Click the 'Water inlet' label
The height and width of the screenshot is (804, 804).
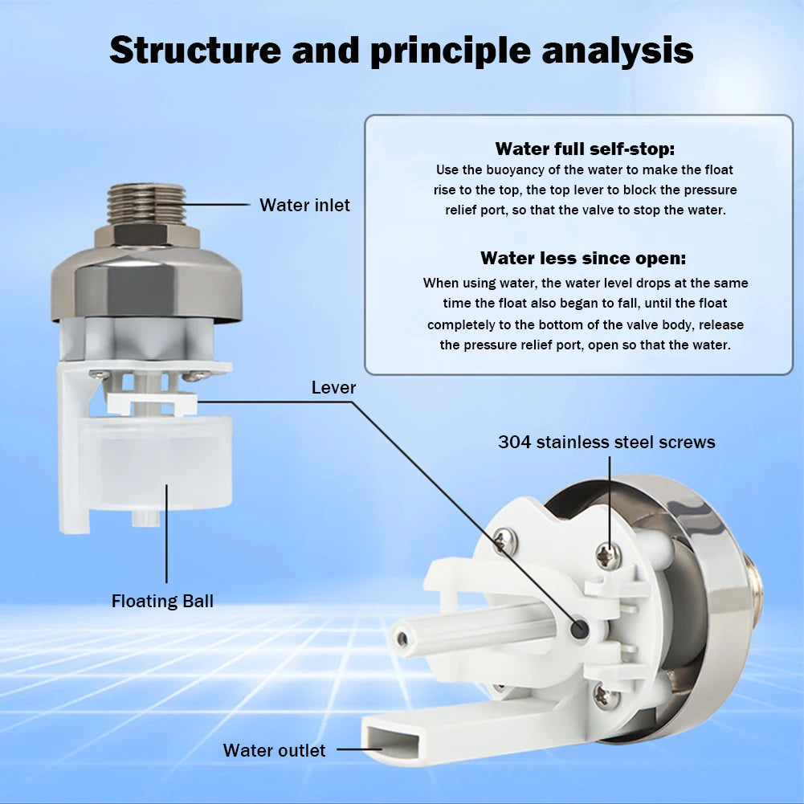pos(304,206)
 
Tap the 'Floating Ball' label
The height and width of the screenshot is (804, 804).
pos(162,601)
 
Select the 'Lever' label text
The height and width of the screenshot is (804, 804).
pos(333,388)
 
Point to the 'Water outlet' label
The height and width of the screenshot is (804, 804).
pos(274,750)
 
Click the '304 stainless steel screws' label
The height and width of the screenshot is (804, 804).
pos(606,442)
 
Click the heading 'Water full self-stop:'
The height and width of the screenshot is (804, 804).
pos(585,149)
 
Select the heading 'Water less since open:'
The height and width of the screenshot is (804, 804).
pos(583,258)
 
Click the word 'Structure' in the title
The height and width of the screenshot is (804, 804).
pos(194,50)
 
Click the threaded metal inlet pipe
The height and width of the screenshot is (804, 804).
pos(146,203)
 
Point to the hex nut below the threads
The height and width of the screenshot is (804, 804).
pos(146,235)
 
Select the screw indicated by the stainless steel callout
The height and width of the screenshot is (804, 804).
pos(608,555)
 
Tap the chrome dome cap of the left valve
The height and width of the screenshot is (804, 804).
pos(146,281)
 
